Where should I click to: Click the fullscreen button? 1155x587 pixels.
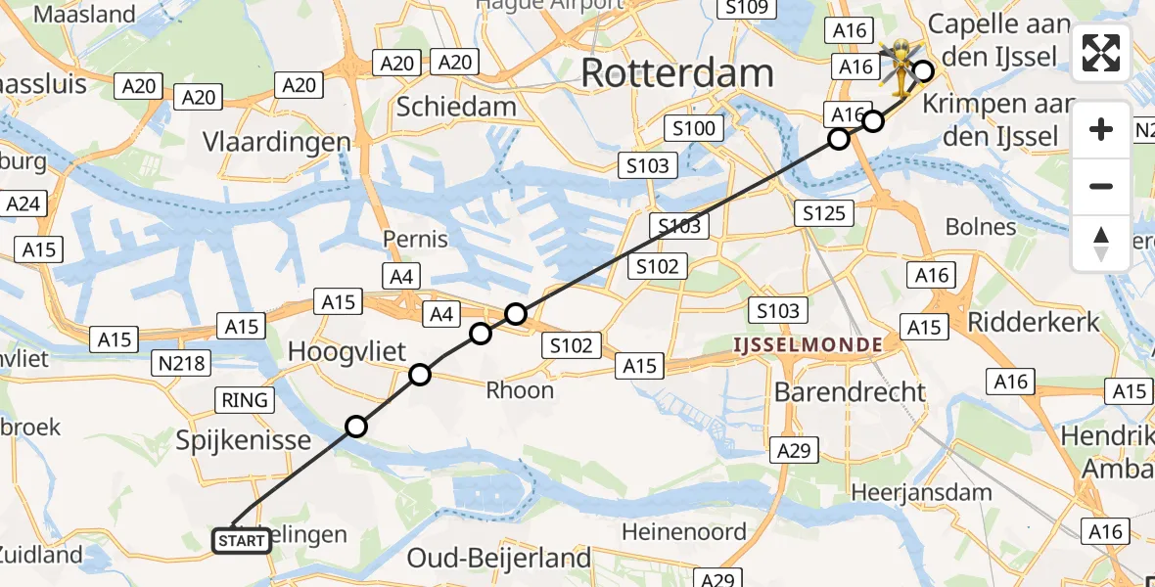(x=1101, y=53)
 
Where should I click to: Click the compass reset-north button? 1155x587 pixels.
(x=1101, y=244)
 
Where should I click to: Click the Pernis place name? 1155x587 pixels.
(x=416, y=238)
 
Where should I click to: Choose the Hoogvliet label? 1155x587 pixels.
(x=347, y=351)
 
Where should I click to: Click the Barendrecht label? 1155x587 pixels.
(x=849, y=391)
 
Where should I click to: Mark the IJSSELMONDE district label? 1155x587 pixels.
(x=808, y=344)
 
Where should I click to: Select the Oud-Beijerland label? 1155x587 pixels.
(x=499, y=558)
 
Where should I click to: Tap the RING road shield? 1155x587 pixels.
(x=246, y=399)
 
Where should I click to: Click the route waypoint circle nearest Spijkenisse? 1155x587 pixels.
(x=356, y=427)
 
